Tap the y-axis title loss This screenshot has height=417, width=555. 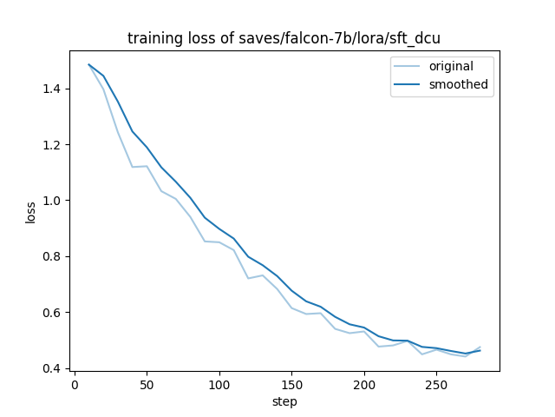(31, 212)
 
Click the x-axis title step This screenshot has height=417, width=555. (284, 401)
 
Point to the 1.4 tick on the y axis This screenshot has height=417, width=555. (52, 89)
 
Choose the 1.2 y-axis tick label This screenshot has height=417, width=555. (52, 144)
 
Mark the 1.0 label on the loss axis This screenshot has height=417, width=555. (52, 201)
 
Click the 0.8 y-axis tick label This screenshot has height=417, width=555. (52, 256)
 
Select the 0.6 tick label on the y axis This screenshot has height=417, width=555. (52, 313)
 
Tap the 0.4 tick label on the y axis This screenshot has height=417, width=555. (52, 368)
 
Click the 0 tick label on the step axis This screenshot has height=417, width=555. (75, 384)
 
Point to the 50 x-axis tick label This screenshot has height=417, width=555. (147, 384)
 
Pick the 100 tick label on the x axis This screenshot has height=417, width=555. (219, 384)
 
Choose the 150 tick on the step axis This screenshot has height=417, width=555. (291, 384)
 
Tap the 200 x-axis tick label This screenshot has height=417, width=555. (364, 384)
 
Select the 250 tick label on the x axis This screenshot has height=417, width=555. (436, 384)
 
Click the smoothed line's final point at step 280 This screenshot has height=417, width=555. (480, 350)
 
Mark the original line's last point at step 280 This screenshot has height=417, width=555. (480, 347)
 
